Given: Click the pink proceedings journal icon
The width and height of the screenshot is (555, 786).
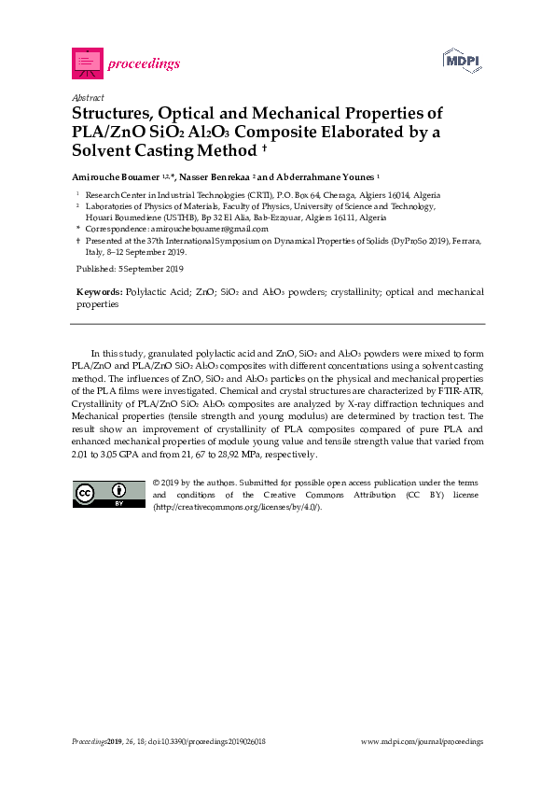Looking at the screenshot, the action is click(86, 63).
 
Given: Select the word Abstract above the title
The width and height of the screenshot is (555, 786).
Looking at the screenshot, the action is click(87, 97).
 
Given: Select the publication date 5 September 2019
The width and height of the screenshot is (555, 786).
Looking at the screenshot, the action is click(150, 269).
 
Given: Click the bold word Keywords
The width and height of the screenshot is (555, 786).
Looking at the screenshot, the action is click(98, 292).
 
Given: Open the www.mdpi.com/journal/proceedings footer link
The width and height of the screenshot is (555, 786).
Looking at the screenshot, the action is click(422, 741).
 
